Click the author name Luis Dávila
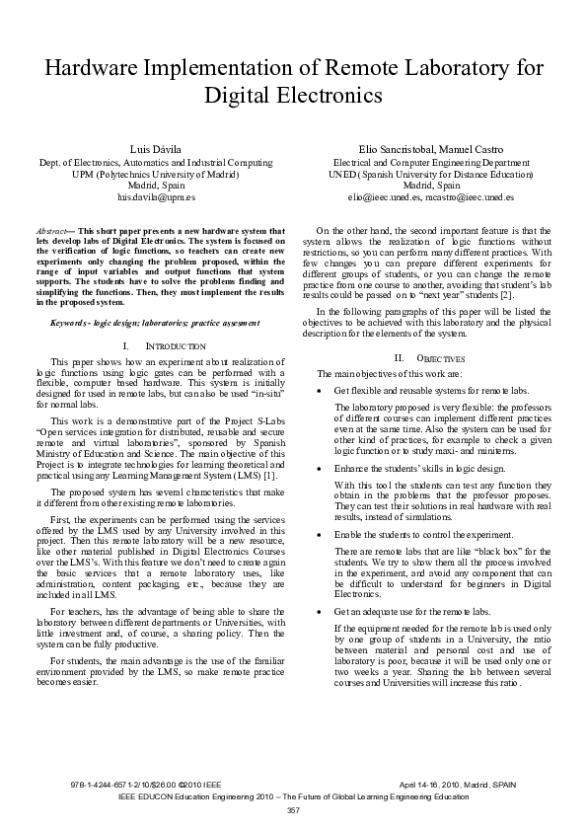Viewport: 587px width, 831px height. (x=149, y=148)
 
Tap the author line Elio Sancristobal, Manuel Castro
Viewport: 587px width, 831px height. (x=431, y=148)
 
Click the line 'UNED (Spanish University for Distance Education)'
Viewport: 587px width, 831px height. (x=431, y=173)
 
